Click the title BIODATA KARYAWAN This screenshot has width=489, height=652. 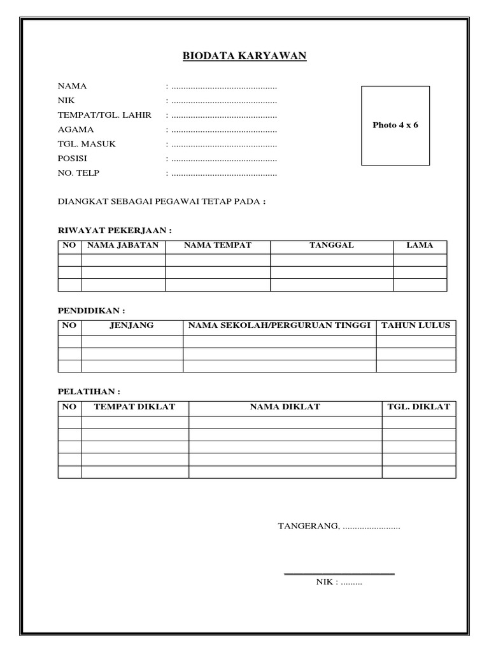point(244,57)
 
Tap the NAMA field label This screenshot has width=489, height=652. point(73,86)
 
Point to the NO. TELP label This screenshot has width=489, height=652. point(79,173)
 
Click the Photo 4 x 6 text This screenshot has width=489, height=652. point(395,125)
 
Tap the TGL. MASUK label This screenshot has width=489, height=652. point(87,144)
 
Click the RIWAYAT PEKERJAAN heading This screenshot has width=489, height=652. point(115,230)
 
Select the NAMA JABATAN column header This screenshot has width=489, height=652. point(122,245)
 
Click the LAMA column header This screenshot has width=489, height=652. point(420,245)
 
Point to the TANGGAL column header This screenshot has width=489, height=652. point(331,245)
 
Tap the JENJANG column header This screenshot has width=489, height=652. point(132,325)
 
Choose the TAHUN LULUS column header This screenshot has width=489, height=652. point(415,325)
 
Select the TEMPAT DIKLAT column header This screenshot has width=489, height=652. point(134,406)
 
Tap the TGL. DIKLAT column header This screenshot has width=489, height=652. point(418,406)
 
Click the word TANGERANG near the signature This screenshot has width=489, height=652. point(309,527)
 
